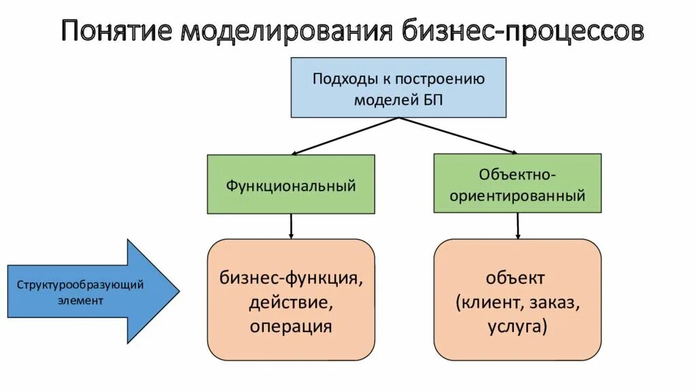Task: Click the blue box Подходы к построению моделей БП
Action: tap(398, 88)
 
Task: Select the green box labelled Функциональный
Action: tap(291, 184)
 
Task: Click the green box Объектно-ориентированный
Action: tap(517, 183)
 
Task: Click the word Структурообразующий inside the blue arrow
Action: tap(80, 284)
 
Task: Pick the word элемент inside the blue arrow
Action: tap(80, 300)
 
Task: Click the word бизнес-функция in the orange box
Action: tap(290, 278)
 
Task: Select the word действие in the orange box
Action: tap(290, 302)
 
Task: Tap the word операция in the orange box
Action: tap(290, 326)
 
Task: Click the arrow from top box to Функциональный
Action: tap(345, 136)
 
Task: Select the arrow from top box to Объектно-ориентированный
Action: tap(457, 135)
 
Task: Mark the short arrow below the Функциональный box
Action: tap(291, 226)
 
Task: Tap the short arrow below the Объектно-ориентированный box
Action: tap(518, 225)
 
